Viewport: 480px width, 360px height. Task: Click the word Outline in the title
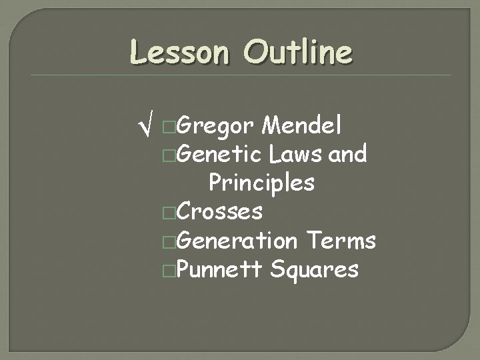[297, 51]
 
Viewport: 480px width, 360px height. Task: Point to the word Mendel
[303, 125]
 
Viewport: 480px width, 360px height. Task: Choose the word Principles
[261, 183]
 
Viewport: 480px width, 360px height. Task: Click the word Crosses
[221, 212]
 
